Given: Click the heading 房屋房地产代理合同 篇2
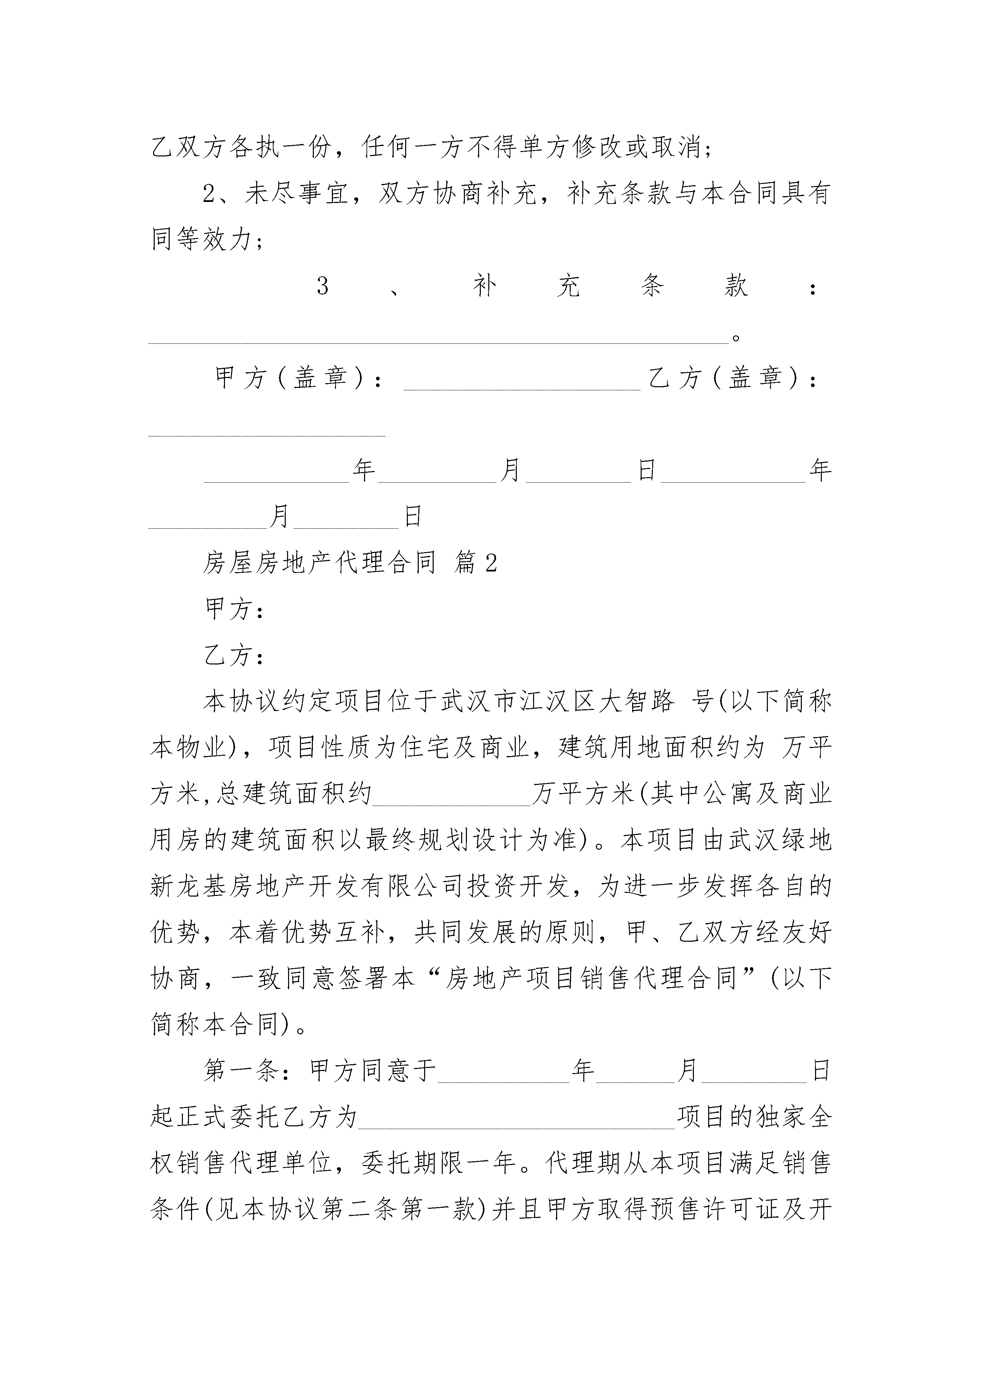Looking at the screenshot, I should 350,563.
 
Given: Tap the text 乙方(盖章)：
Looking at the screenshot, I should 733,379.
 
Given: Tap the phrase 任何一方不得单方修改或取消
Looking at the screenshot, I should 531,147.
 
